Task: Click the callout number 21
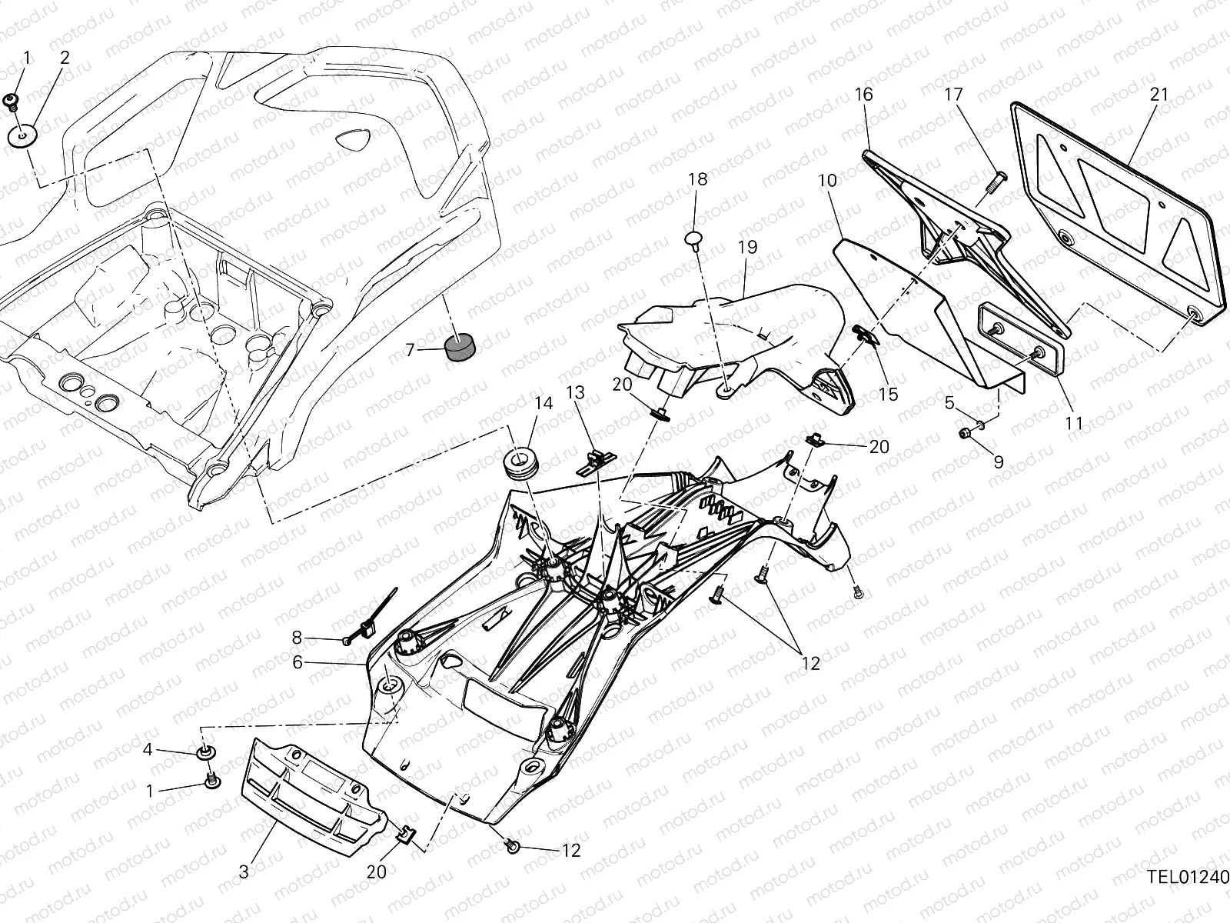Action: [1159, 95]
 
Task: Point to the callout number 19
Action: [747, 248]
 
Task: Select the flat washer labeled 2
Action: [23, 136]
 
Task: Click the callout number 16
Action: [864, 95]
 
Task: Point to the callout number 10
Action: [827, 181]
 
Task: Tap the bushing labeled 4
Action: [205, 751]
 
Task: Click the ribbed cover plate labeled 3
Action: [315, 798]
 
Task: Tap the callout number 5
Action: [949, 402]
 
